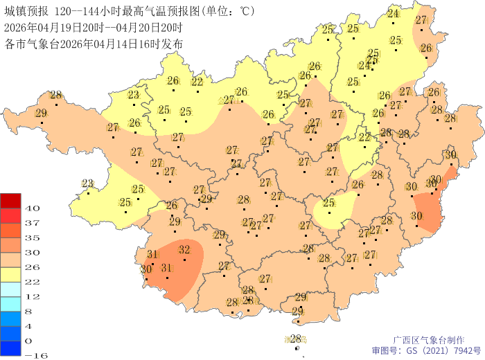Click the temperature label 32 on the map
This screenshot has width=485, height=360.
[184, 249]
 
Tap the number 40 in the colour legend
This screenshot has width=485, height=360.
[32, 208]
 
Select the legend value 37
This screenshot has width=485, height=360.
[32, 222]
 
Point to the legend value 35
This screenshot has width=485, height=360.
[32, 237]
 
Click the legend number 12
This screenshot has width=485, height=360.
[32, 296]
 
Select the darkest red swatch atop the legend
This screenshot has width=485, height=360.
[10, 200]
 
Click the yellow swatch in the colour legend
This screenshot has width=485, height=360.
[10, 274]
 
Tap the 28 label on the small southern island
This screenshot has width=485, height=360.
[296, 339]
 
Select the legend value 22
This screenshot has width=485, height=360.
[32, 281]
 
